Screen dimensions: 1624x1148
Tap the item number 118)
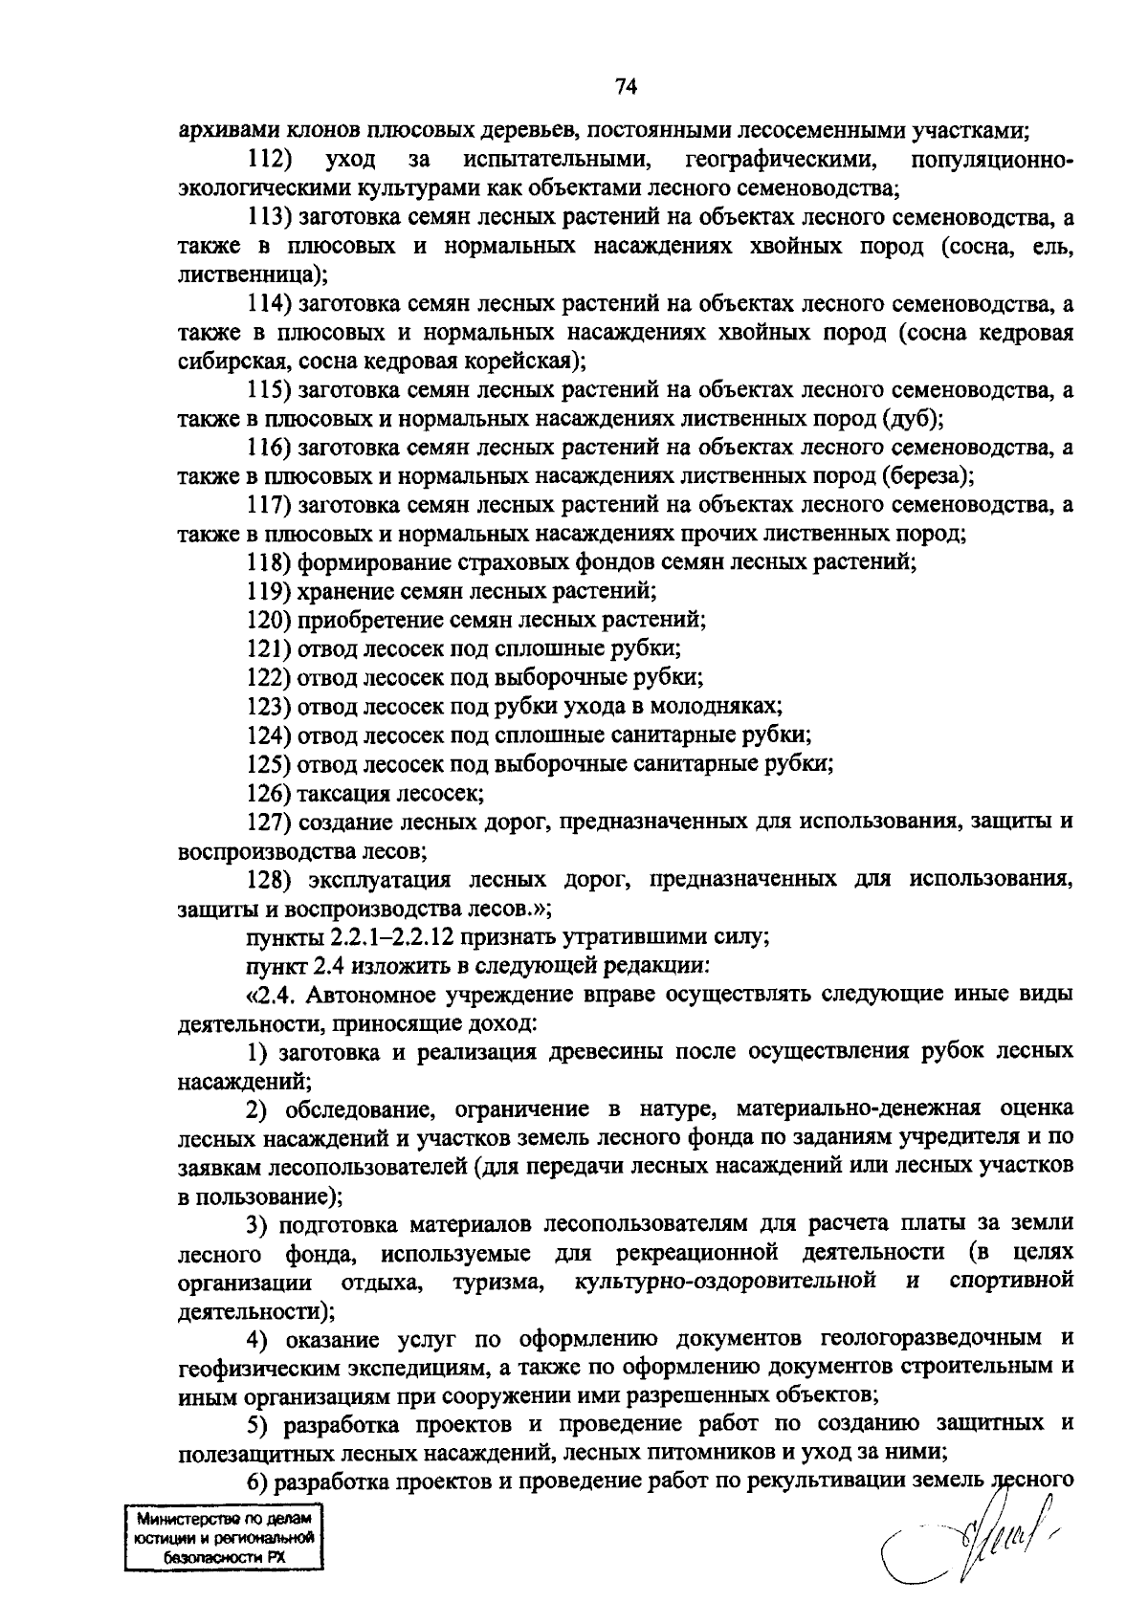pyautogui.click(x=269, y=562)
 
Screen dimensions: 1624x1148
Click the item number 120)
pyautogui.click(x=269, y=620)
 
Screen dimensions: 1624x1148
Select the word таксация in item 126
pyautogui.click(x=342, y=793)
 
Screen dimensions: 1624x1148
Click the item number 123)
pyautogui.click(x=269, y=706)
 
